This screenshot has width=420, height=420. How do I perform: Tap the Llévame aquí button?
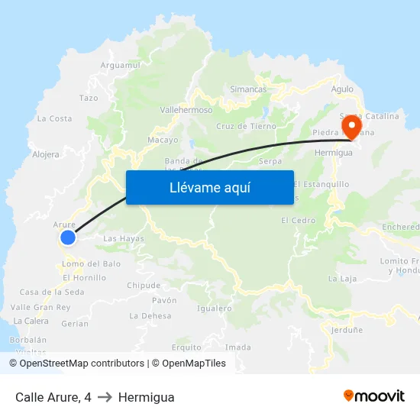[x=209, y=187]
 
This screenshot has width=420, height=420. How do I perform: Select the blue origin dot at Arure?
[x=68, y=237]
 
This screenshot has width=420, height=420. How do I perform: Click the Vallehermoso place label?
[x=186, y=110]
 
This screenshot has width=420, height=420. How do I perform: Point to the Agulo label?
[x=343, y=89]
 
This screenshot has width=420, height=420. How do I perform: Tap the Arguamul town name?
[x=121, y=66]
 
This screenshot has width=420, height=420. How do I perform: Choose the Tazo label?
[x=89, y=99]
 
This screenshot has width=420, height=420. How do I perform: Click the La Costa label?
[x=54, y=118]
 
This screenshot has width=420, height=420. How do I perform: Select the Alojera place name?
[x=46, y=154]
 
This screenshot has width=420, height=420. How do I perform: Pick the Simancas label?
[x=248, y=89]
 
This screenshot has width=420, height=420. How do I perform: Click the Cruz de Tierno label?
[x=246, y=126]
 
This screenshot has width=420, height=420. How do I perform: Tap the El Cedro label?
[x=298, y=221]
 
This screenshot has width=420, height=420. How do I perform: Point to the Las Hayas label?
[x=123, y=239]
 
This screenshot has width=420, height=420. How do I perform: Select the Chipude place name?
[x=144, y=286]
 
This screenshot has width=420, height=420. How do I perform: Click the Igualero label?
[x=214, y=309]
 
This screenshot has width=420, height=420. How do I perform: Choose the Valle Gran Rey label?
[x=40, y=307]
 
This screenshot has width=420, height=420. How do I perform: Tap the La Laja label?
[x=342, y=279]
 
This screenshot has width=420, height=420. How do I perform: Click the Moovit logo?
[x=373, y=396]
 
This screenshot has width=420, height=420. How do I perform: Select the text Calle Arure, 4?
[x=53, y=397]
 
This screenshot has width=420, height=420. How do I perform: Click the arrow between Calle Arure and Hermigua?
[x=105, y=397]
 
